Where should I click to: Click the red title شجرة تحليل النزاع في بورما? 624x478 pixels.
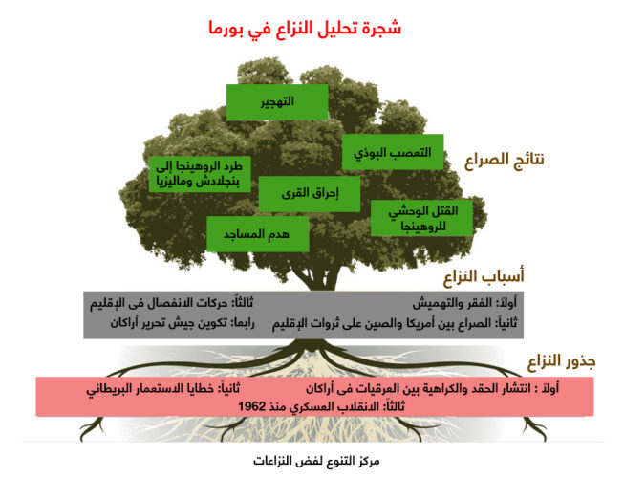pyautogui.click(x=305, y=29)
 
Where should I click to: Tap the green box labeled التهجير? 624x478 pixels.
pyautogui.click(x=277, y=102)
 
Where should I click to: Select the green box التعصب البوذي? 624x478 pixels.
pyautogui.click(x=393, y=152)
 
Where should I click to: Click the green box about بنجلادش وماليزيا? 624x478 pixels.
pyautogui.click(x=200, y=174)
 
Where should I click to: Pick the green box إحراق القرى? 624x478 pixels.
pyautogui.click(x=310, y=194)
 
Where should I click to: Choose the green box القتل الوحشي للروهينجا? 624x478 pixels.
pyautogui.click(x=421, y=218)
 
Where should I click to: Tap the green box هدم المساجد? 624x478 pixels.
pyautogui.click(x=257, y=234)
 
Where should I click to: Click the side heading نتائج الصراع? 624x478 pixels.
pyautogui.click(x=505, y=160)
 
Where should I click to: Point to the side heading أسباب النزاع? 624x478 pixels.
pyautogui.click(x=484, y=276)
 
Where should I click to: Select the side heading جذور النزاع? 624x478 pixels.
pyautogui.click(x=562, y=361)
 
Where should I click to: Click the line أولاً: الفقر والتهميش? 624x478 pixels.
pyautogui.click(x=464, y=303)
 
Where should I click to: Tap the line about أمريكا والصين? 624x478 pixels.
pyautogui.click(x=395, y=323)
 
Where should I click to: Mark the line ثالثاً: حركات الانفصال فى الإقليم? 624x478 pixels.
pyautogui.click(x=171, y=303)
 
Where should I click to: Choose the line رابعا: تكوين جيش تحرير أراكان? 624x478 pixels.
pyautogui.click(x=183, y=323)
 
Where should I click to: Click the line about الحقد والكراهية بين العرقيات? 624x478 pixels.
pyautogui.click(x=432, y=388)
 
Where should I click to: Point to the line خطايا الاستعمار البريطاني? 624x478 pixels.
pyautogui.click(x=163, y=388)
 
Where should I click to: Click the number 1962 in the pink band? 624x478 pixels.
pyautogui.click(x=252, y=406)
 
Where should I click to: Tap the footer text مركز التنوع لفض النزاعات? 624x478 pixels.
pyautogui.click(x=316, y=462)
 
